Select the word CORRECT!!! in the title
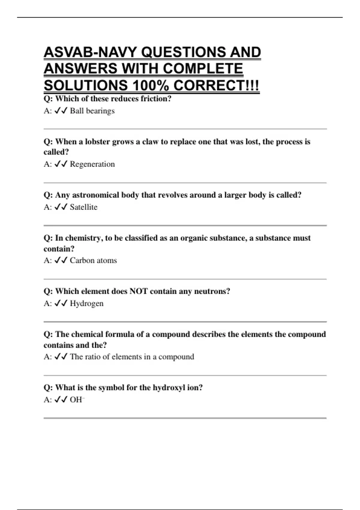tap(216, 86)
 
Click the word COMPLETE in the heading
tap(203, 69)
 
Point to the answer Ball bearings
tap(92, 111)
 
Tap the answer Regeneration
tap(92, 164)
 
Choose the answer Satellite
tap(83, 207)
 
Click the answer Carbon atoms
tap(93, 260)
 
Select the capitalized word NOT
tap(138, 291)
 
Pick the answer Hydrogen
tap(86, 303)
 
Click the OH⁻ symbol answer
tap(77, 400)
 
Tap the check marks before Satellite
tap(61, 207)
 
